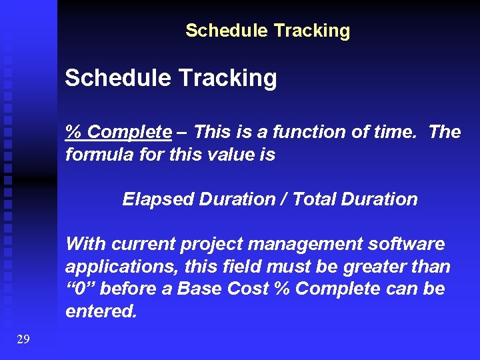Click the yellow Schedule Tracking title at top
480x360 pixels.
click(x=267, y=31)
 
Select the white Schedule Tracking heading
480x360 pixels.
click(x=171, y=79)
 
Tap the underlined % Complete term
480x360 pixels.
click(x=118, y=132)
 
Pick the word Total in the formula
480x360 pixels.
click(x=315, y=199)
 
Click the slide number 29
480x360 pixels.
click(x=23, y=339)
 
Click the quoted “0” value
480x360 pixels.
click(x=80, y=290)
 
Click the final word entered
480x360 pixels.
click(x=100, y=312)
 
